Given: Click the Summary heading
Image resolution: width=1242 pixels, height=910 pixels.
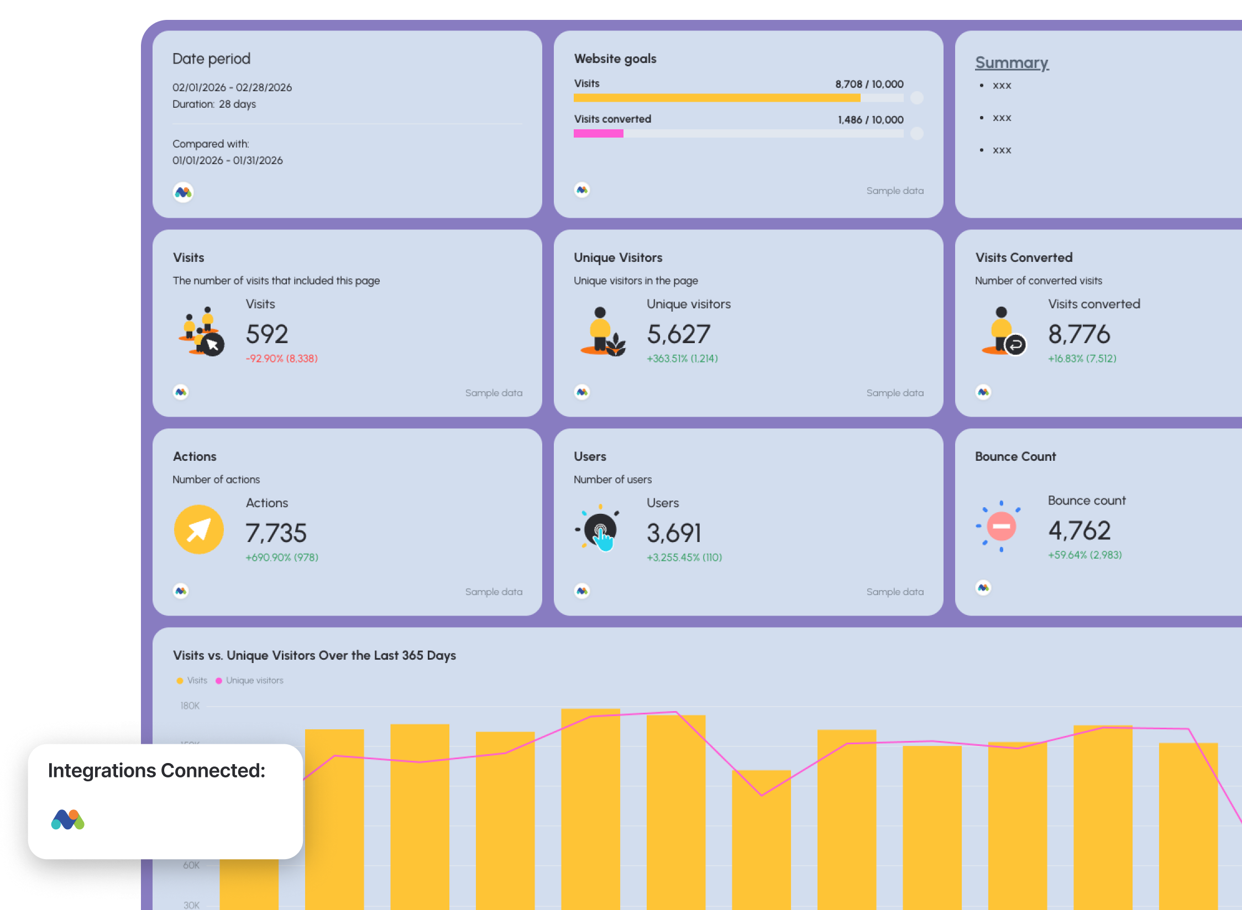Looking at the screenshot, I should pos(1011,62).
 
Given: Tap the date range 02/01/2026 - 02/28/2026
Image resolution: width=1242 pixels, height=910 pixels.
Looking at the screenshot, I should pos(232,87).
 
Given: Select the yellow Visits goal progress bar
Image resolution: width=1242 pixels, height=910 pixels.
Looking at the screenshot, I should pos(716,98).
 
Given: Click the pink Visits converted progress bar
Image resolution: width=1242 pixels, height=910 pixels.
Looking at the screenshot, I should pos(598,133).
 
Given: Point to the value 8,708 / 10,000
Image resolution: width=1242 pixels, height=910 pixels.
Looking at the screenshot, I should pos(869,84).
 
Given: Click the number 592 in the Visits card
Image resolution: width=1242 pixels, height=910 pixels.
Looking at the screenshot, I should pos(266,334).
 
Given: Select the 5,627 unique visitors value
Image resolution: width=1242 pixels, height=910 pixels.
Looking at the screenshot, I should pos(678,334).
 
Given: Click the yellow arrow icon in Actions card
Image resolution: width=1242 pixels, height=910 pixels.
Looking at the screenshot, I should pos(199,529).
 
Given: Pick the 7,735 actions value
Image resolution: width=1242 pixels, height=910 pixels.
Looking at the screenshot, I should pos(275,533).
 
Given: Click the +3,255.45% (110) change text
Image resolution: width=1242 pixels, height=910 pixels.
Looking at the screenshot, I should pos(684,557).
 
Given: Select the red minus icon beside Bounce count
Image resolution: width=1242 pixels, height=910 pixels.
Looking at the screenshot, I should pos(1001,526).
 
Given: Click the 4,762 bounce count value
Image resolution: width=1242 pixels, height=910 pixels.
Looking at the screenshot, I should pos(1079,531).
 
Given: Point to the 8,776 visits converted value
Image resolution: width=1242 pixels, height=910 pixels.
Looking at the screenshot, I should pos(1078,334).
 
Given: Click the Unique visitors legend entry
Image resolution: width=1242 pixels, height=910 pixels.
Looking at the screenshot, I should pos(254,680).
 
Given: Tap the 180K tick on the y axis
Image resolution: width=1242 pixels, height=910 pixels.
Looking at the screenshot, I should pos(190,706).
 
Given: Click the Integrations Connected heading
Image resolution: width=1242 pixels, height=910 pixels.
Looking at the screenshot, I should pos(156,770).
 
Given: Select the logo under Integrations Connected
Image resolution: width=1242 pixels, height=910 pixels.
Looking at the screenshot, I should pos(67,819).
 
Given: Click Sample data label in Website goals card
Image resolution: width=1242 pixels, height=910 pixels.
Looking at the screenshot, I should pos(894,191).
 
